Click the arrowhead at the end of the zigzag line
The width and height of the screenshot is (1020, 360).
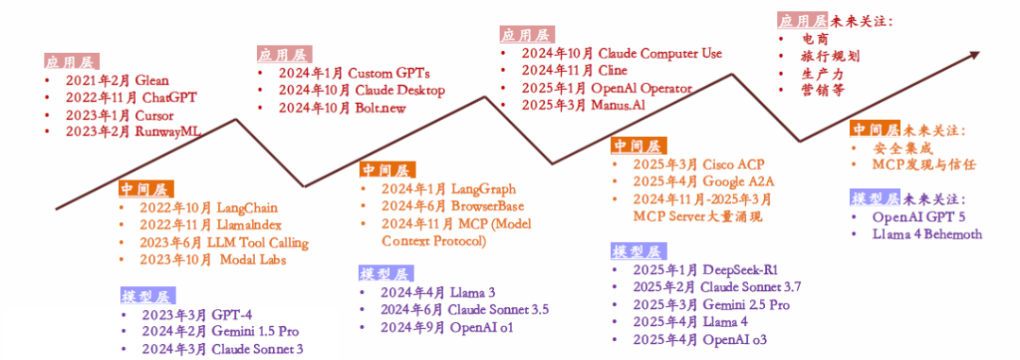coord(974,54)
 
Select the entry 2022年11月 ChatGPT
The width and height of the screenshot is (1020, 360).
coord(130,98)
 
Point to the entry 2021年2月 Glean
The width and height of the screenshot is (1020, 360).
coord(117,81)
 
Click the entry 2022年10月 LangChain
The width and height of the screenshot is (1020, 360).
coord(208,208)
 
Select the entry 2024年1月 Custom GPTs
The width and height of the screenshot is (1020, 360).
coord(354,73)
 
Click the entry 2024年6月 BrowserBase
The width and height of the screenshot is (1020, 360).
coord(452,206)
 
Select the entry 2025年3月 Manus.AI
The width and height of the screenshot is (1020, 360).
coord(583,106)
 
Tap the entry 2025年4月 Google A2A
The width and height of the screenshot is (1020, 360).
coord(704,181)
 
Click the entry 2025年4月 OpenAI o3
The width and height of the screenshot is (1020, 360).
coord(704,339)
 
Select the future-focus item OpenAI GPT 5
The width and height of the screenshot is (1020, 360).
coord(919,216)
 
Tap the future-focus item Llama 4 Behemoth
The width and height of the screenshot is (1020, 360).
coord(927,234)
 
